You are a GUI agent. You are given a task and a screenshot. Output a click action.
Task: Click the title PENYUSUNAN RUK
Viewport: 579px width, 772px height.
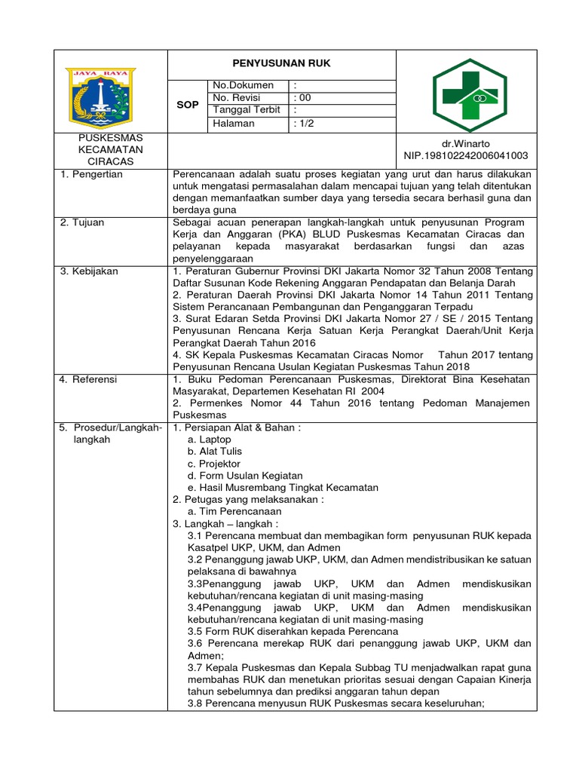280,63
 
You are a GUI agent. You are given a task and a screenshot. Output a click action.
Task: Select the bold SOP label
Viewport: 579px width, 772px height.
188,105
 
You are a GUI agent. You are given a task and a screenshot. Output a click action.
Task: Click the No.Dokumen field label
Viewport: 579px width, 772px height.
244,85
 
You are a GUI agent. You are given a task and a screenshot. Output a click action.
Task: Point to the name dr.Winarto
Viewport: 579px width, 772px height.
465,142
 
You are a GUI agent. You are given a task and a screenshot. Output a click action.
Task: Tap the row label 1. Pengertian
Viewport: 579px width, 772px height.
91,174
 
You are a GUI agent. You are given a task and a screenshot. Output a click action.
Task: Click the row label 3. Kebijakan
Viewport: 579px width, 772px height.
89,271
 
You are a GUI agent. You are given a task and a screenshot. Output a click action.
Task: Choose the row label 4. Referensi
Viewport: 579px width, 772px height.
89,379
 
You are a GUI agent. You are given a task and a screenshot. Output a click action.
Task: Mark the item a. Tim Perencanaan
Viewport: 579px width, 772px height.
229,511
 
